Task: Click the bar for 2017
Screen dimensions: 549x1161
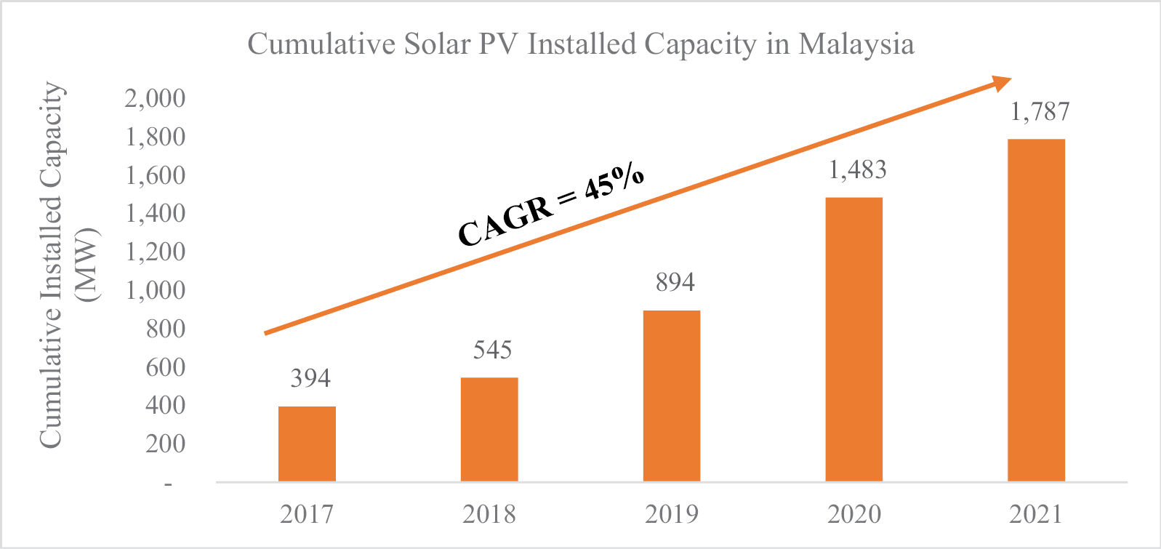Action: (x=307, y=444)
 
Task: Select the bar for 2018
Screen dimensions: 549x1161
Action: (x=489, y=429)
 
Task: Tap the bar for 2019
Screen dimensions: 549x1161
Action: (x=672, y=396)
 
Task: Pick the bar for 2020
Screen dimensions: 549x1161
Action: (x=854, y=339)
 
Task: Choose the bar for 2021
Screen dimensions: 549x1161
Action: (x=1036, y=310)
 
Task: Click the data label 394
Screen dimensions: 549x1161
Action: (x=310, y=378)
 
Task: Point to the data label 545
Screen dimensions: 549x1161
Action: (x=492, y=350)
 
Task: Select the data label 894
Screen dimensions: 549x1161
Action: (x=675, y=282)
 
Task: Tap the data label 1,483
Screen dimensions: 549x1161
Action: (x=858, y=169)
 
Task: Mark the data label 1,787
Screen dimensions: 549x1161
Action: (x=1040, y=111)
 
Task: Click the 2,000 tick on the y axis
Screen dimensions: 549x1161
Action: (x=155, y=98)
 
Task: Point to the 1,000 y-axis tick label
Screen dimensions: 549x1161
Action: (x=155, y=290)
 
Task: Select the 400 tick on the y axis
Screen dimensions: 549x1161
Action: (x=165, y=405)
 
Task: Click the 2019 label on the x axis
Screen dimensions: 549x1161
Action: (x=672, y=514)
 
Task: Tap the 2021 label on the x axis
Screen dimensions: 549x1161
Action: (x=1036, y=514)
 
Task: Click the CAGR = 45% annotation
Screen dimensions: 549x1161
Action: (x=551, y=205)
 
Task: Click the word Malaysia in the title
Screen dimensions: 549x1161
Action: (x=856, y=44)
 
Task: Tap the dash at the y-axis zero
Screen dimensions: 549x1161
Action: (x=169, y=483)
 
